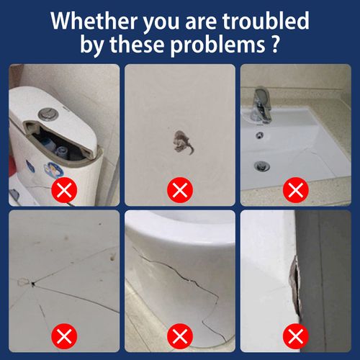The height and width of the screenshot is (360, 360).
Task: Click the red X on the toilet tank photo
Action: point(65,191)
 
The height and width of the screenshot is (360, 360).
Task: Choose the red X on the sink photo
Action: point(294,191)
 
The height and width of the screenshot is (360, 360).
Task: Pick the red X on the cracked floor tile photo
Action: point(65,336)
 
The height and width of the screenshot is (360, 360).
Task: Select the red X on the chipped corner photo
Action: point(294,336)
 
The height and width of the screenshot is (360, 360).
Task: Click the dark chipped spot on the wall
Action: point(181,140)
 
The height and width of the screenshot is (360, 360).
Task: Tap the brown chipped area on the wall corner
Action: point(294,282)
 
